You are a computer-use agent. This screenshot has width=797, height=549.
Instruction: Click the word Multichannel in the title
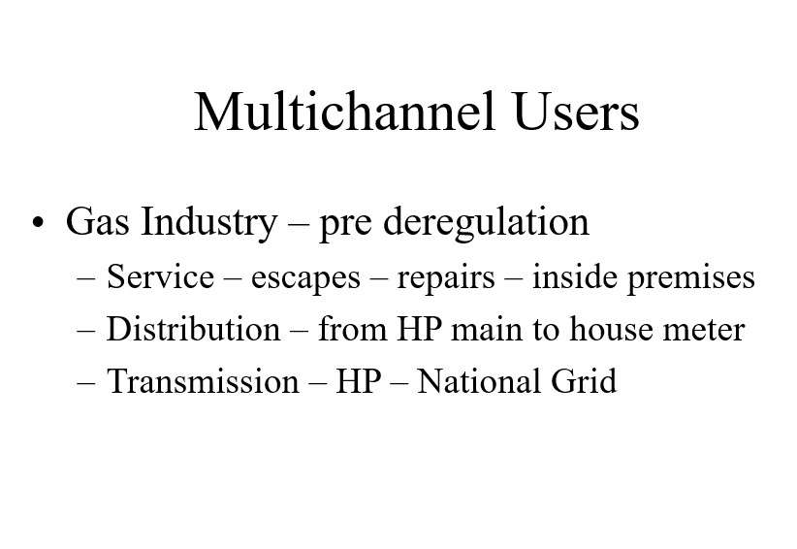pos(344,112)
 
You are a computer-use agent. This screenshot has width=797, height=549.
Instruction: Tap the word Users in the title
pos(576,112)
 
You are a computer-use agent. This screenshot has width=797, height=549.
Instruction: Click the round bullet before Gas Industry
pos(38,222)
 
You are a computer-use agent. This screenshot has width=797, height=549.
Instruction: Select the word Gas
pos(97,221)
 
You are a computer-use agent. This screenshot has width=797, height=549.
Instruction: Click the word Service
pos(160,277)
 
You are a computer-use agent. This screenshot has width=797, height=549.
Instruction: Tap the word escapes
pos(305,279)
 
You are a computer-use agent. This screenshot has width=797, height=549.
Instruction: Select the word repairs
pos(446,279)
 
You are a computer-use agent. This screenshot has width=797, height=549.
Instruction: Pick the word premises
pos(691,279)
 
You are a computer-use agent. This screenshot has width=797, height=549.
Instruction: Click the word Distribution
pos(193,329)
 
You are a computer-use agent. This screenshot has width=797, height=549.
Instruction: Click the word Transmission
pos(203,381)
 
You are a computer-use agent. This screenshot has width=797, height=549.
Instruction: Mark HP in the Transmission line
pos(359,381)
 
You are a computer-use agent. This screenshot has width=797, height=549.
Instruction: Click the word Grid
pos(584,381)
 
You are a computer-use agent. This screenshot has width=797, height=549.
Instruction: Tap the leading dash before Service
pos(86,280)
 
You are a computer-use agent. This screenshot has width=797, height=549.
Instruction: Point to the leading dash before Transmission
pos(86,384)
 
